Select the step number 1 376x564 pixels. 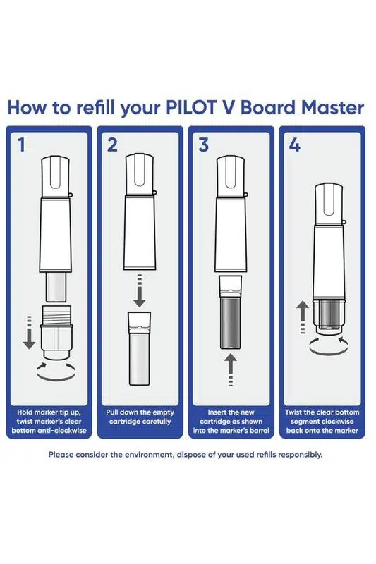point(22,145)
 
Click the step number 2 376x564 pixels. point(112,145)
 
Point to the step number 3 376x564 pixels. point(203,145)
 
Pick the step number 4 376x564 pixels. point(295,145)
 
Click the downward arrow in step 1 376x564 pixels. point(29,332)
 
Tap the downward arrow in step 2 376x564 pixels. point(139,290)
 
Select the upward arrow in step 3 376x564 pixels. point(230,371)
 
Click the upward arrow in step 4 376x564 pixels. point(303,317)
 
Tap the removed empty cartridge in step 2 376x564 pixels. point(139,348)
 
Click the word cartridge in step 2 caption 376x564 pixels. point(124,421)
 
